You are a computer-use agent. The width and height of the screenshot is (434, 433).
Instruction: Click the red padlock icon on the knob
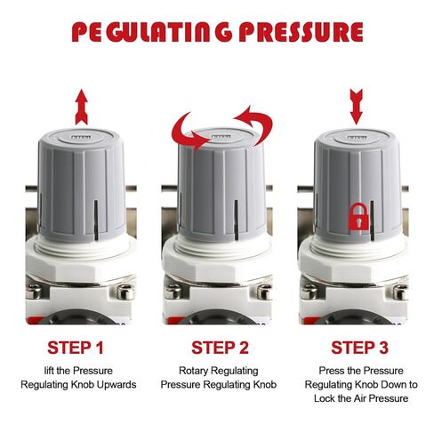pos(357,214)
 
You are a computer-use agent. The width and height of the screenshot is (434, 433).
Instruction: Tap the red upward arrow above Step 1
pos(81,105)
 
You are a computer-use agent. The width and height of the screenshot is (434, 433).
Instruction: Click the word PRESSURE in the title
pos(293,32)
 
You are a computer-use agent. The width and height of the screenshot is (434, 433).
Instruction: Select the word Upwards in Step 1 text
pos(118,384)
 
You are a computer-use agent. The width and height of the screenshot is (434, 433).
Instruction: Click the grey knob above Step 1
pos(81,182)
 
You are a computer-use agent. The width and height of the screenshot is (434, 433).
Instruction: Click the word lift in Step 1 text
pos(39,369)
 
